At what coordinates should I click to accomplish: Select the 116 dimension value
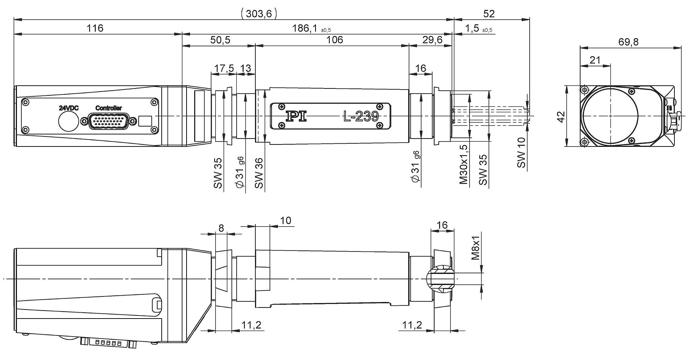[95, 28]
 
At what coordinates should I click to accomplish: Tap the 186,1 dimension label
[305, 28]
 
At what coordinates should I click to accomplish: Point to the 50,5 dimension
[220, 40]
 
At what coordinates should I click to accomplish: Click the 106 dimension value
[334, 40]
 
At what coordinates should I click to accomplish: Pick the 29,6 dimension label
[432, 40]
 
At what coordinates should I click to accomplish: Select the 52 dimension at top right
[489, 14]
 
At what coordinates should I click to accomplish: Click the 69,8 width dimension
[628, 42]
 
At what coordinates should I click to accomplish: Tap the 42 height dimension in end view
[561, 116]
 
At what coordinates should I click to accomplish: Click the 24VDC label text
[68, 108]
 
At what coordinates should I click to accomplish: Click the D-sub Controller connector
[109, 121]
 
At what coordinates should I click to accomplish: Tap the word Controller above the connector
[108, 108]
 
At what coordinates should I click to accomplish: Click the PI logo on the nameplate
[296, 116]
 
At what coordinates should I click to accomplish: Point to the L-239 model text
[361, 117]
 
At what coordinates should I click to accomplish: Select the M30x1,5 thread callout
[464, 165]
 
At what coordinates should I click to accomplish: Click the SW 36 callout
[259, 173]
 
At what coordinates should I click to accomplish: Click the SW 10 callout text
[521, 153]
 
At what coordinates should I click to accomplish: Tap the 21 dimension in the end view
[595, 60]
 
